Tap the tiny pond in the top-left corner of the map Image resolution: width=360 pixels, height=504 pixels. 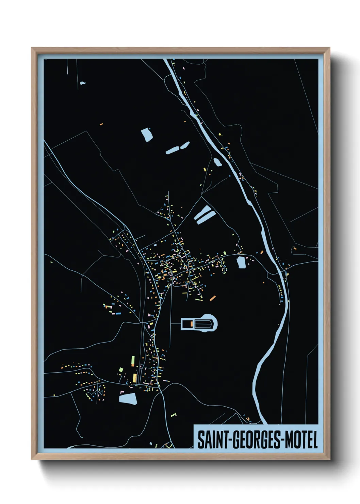82,83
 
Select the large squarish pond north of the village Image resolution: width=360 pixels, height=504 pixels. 147,134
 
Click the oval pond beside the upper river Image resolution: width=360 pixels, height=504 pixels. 217,162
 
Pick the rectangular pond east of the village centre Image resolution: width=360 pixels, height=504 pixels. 241,262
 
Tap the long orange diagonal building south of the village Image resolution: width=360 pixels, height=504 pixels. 213,298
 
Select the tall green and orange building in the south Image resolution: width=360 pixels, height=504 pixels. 133,361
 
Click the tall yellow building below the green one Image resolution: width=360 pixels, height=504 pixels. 135,378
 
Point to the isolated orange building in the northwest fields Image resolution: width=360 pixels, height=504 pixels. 101,124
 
